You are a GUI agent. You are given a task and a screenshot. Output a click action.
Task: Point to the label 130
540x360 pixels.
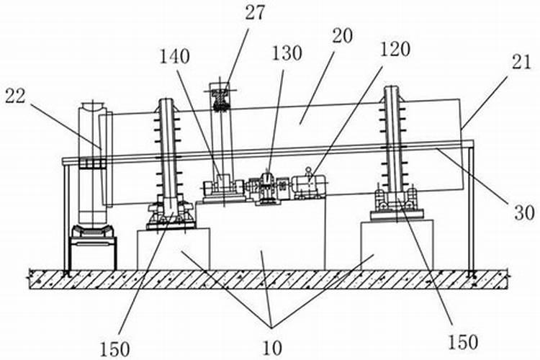pyautogui.click(x=287, y=55)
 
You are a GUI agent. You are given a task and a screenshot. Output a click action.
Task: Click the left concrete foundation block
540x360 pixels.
pyautogui.click(x=173, y=248)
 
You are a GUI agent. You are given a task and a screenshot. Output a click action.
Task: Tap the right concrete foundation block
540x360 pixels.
pyautogui.click(x=397, y=244)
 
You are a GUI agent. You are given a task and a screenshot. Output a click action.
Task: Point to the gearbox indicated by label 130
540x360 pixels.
pyautogui.click(x=266, y=187)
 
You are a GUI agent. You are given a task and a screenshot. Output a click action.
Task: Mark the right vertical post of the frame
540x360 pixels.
pyautogui.click(x=472, y=209)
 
